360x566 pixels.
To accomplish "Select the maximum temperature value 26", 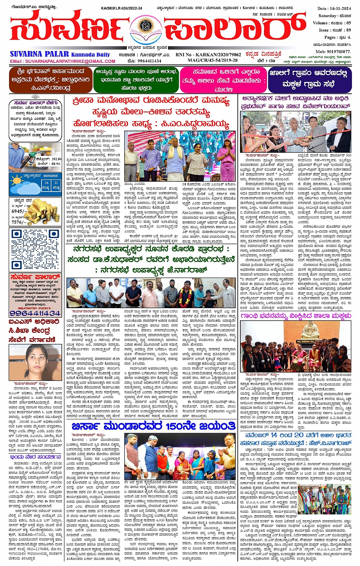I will coord(46,183).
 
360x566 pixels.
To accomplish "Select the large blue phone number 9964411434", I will coord(35,313).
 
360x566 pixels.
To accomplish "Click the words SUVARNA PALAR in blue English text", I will coord(39,54).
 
